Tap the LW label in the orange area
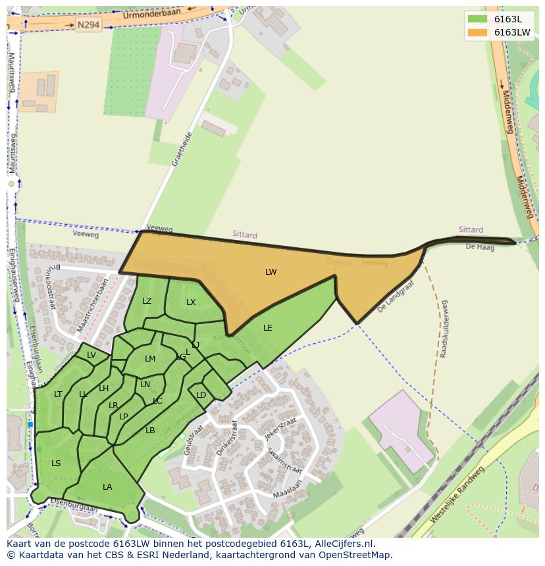click(271, 272)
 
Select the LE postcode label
click(268, 327)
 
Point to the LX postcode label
click(191, 302)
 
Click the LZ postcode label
click(147, 301)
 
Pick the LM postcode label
click(150, 359)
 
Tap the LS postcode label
click(56, 463)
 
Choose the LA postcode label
click(107, 487)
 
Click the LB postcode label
click(150, 431)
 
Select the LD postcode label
click(201, 395)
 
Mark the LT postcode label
click(58, 394)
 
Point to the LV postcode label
click(91, 355)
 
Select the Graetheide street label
click(181, 149)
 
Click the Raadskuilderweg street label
click(444, 329)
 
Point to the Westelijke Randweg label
click(457, 494)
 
